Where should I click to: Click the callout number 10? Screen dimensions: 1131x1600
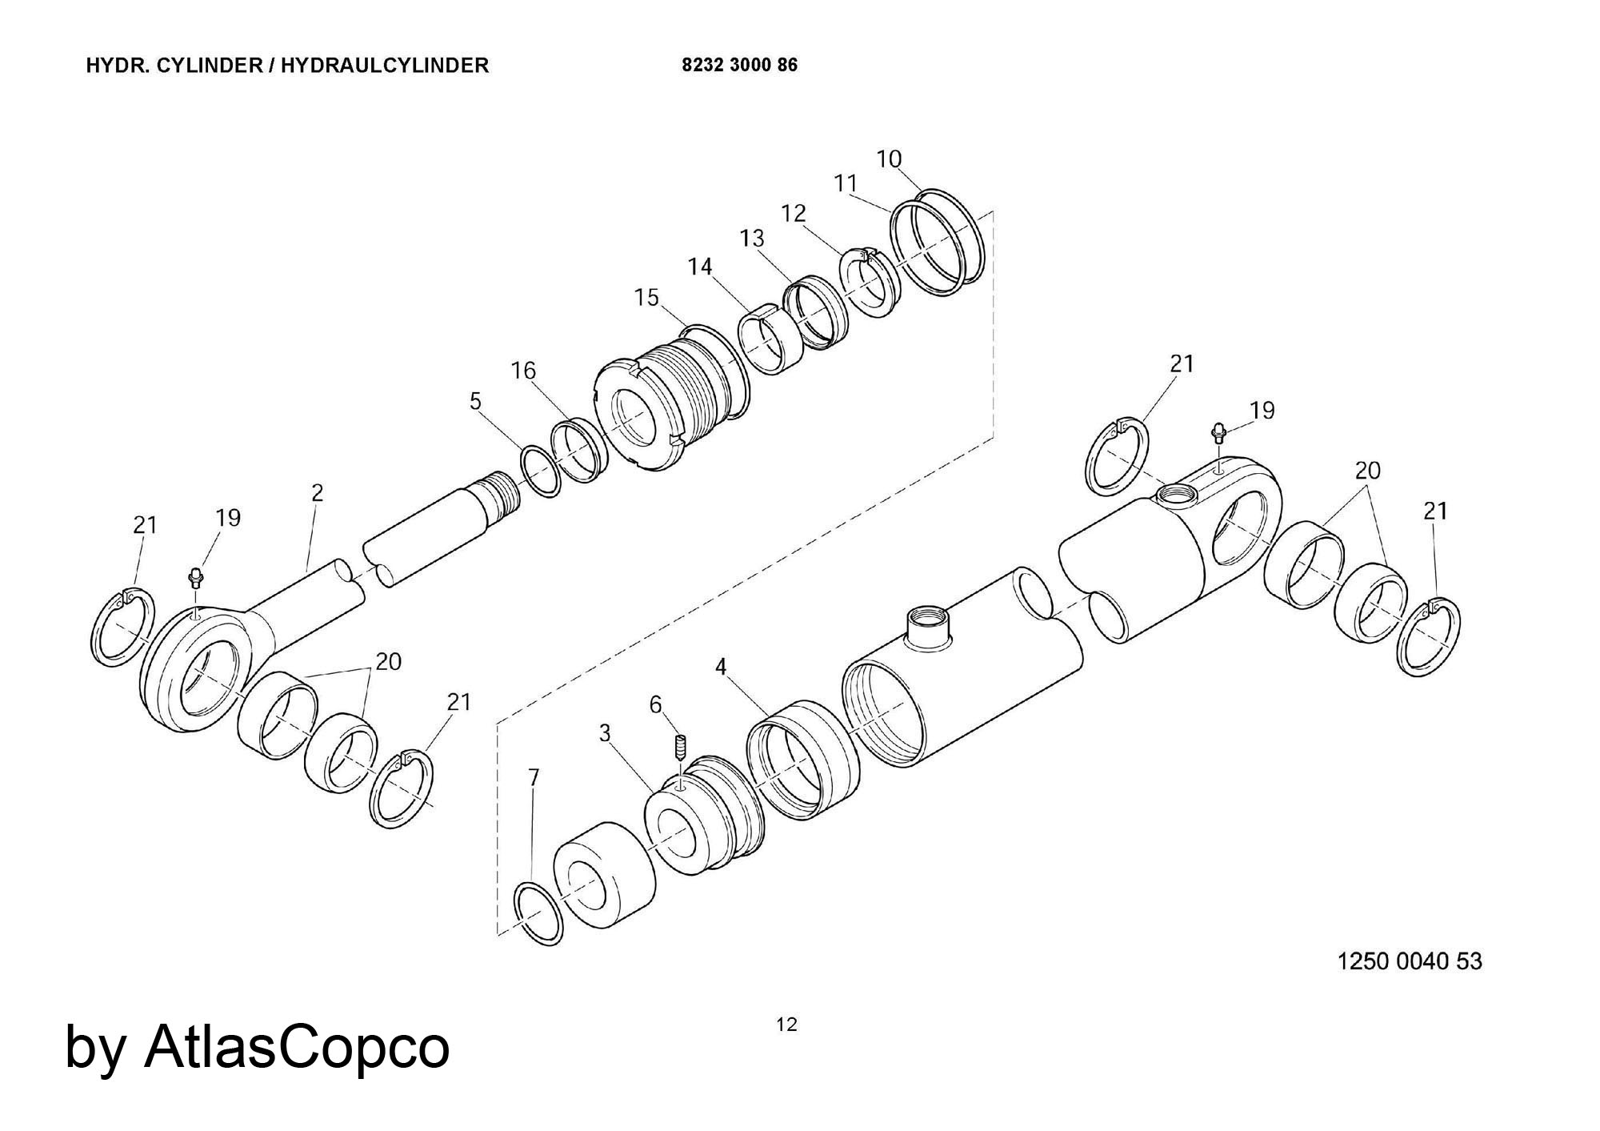[889, 159]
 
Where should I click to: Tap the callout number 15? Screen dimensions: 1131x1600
[646, 298]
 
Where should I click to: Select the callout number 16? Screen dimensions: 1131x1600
[523, 371]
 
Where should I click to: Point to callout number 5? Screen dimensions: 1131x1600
[476, 401]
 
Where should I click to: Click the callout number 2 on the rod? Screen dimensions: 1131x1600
[318, 493]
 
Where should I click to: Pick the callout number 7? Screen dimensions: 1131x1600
[534, 777]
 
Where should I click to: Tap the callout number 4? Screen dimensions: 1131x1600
[721, 667]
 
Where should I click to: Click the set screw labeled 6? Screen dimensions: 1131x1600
[681, 748]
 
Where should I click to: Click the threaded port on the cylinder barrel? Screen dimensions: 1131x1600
[928, 626]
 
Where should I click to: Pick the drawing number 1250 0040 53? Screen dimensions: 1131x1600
[1410, 961]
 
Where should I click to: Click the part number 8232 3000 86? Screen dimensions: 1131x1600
[739, 65]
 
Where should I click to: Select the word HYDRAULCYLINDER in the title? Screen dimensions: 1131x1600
[384, 65]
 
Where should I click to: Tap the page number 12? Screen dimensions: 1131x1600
[787, 1025]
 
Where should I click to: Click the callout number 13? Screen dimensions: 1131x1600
[752, 238]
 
